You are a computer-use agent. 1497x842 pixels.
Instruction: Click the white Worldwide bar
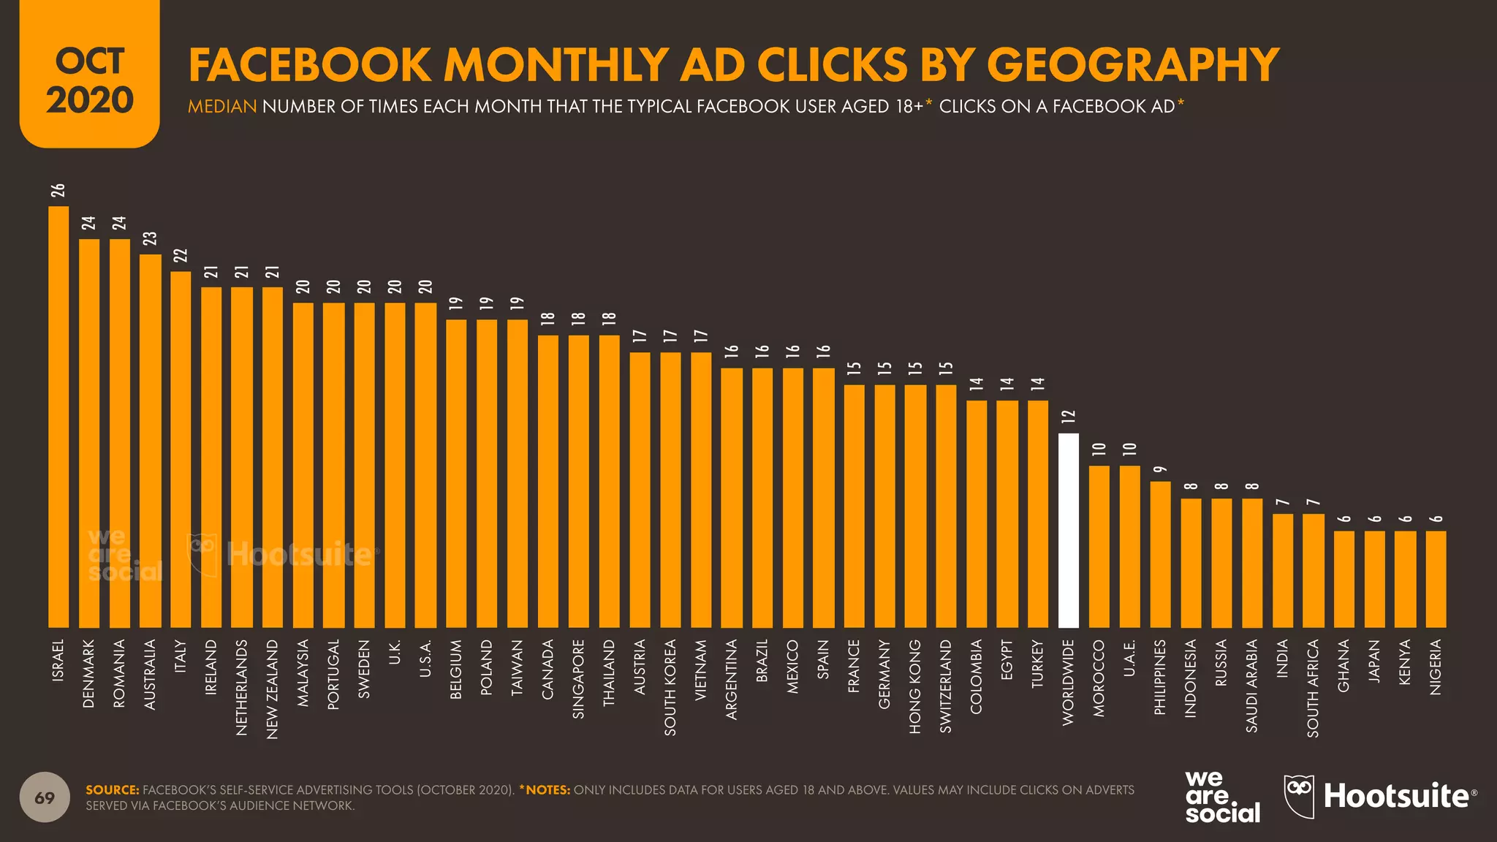[x=1068, y=531]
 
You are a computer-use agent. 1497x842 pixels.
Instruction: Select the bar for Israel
[x=58, y=417]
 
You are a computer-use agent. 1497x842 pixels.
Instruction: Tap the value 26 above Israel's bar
[x=58, y=190]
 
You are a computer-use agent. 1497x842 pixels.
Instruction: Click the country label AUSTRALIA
[x=151, y=674]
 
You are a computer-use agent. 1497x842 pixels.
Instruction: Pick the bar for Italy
[x=181, y=450]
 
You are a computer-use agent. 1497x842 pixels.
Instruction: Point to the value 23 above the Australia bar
[x=150, y=238]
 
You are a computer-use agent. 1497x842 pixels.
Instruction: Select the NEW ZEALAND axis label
[x=273, y=689]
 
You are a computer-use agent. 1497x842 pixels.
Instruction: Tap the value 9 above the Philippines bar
[x=1160, y=469]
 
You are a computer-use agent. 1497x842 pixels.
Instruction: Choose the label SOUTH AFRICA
[x=1314, y=688]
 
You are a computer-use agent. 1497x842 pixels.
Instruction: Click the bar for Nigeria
[x=1436, y=579]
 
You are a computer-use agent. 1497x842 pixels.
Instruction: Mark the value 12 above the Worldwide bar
[x=1069, y=417]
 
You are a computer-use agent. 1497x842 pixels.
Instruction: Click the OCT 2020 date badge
[x=89, y=80]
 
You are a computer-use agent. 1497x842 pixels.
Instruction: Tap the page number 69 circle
[x=45, y=797]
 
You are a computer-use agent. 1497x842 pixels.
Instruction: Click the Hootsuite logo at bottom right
[x=1380, y=796]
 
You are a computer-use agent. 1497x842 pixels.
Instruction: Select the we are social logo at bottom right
[x=1222, y=797]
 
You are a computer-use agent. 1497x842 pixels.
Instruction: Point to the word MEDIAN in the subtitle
[x=222, y=107]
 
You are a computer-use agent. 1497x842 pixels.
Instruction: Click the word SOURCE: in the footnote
[x=112, y=790]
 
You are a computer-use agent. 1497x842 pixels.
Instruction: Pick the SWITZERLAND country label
[x=946, y=686]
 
